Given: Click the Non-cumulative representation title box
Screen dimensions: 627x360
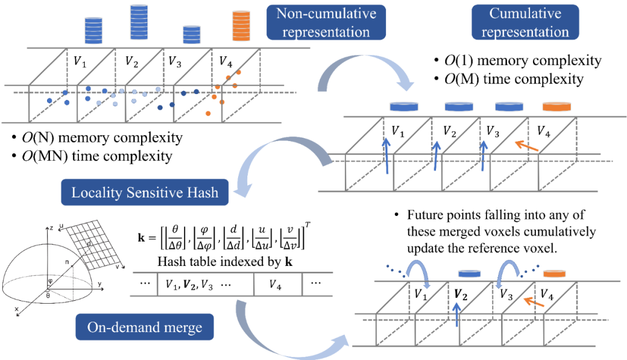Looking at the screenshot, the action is point(326,23).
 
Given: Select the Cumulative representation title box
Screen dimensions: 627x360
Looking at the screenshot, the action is point(525,23).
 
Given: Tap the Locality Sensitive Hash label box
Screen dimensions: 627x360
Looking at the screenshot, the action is point(145,192).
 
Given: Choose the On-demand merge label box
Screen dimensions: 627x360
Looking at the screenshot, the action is point(145,327).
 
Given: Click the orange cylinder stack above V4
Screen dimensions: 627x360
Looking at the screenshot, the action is point(241,26).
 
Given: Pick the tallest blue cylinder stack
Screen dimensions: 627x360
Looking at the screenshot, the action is point(139,23).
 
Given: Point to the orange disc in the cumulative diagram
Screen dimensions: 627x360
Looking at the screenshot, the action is point(557,106).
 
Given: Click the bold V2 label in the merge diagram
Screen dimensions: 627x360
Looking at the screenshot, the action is point(460,296).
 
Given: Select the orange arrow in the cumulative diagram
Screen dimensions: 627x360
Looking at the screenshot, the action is point(527,146).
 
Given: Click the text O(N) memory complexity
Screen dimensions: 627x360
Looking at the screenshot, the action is point(102,138).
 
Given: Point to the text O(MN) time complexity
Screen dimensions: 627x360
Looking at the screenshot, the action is point(97,156).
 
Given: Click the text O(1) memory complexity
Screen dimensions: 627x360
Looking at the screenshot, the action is point(523,60).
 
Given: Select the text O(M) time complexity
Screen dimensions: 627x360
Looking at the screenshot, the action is point(514,79).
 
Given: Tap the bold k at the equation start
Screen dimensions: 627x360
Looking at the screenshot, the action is point(141,237).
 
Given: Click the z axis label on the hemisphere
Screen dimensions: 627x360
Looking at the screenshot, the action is point(51,228).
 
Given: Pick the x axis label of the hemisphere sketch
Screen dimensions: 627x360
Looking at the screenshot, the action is point(16,309).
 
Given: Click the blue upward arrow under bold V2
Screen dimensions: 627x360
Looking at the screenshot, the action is point(457,315).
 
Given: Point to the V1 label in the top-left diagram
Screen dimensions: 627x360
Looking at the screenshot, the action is point(80,62).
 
